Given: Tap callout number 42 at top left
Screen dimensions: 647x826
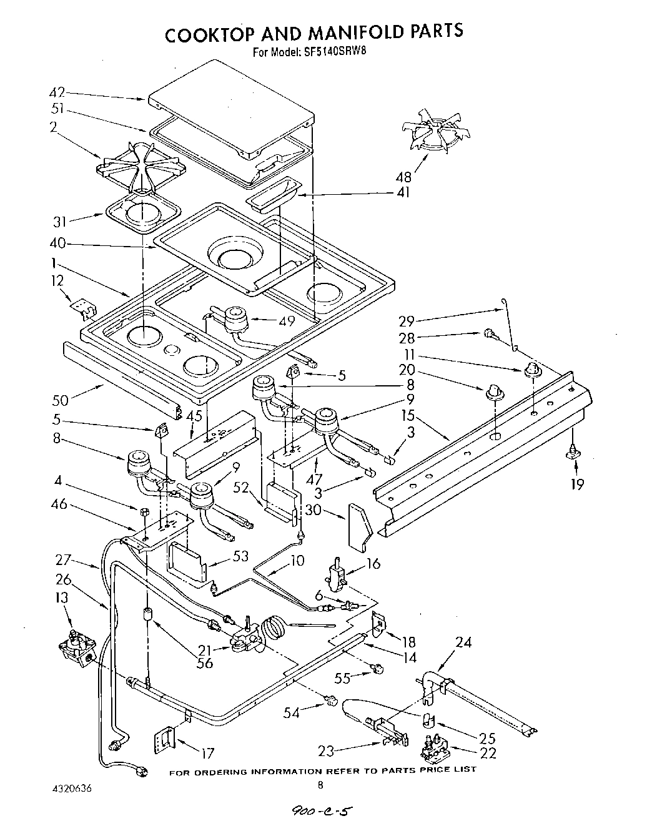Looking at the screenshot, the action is point(57,92).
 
